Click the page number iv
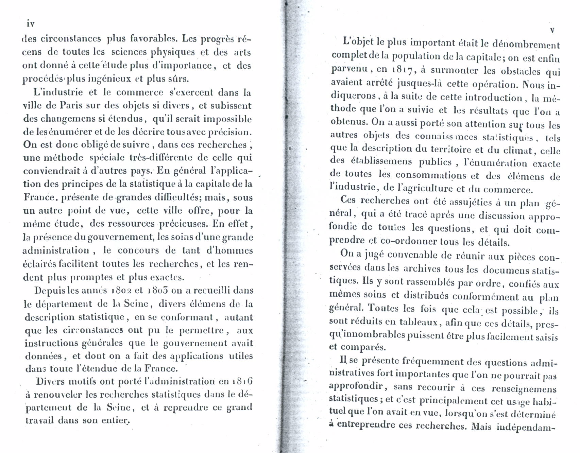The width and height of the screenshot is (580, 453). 31,24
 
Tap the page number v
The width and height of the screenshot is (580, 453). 552,30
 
